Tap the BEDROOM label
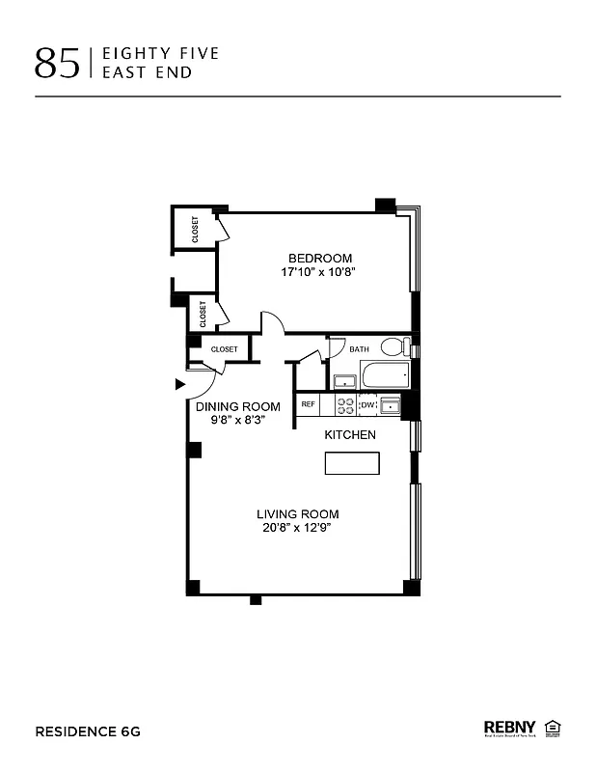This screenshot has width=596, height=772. point(320,258)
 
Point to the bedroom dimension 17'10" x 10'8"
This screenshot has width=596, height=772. point(320,273)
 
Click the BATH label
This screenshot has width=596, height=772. point(359,349)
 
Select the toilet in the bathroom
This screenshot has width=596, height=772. point(393,347)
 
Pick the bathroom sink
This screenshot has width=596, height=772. point(343,379)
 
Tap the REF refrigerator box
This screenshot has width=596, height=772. point(309,404)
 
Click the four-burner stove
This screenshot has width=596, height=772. point(345,405)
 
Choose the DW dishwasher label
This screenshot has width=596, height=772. point(367,405)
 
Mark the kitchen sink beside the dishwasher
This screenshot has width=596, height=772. point(390,404)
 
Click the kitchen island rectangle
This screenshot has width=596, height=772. point(350,463)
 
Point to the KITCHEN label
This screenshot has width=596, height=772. point(349,435)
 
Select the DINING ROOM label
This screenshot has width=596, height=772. point(237,406)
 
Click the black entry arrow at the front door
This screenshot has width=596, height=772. point(179,384)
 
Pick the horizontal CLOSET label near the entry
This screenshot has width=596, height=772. point(224,349)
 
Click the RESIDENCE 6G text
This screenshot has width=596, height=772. point(88,731)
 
